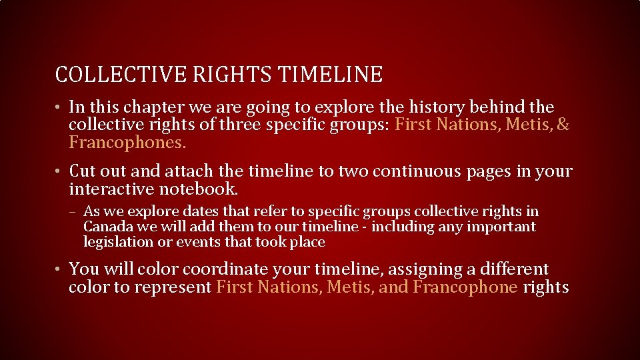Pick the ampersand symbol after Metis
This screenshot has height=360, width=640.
563,125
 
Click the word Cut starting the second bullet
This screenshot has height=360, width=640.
83,171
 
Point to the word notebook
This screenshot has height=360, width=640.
201,189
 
